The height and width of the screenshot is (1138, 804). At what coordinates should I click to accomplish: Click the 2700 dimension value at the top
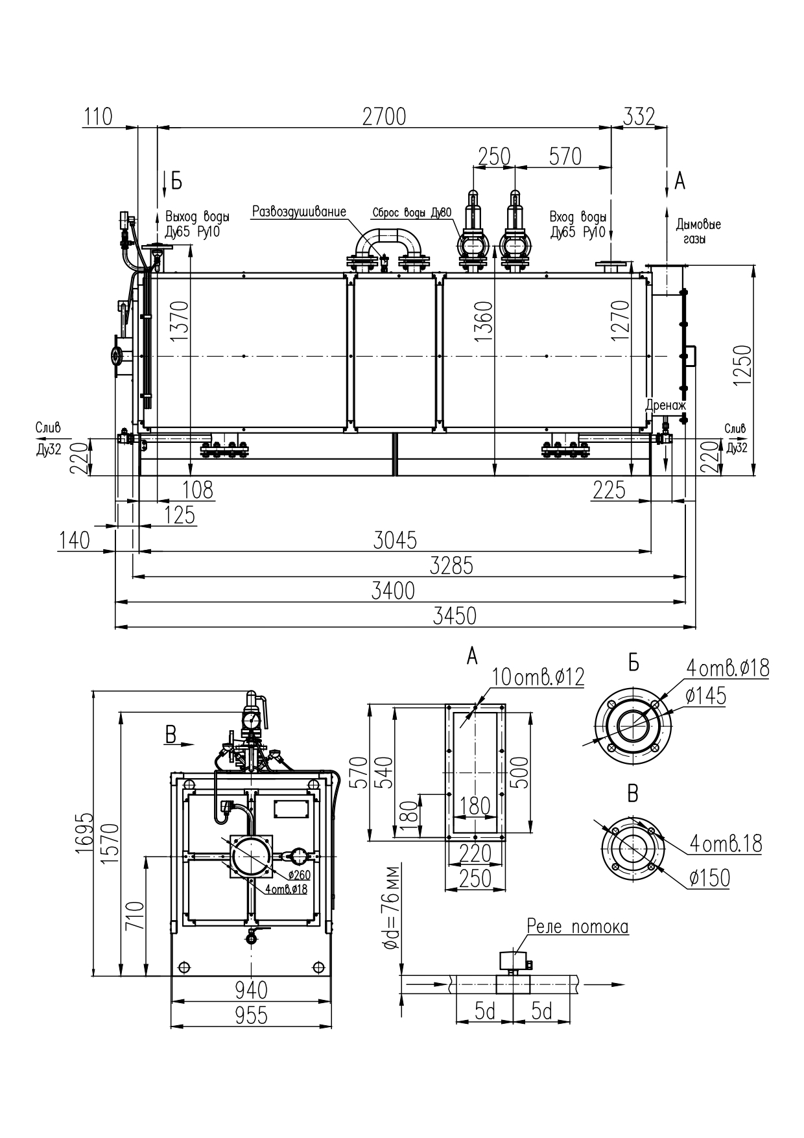tap(384, 117)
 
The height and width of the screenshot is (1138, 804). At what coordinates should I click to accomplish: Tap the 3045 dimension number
tap(395, 539)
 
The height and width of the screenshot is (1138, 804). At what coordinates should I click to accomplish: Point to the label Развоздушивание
tap(299, 211)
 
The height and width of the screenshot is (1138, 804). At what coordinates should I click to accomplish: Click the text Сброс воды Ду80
tap(412, 213)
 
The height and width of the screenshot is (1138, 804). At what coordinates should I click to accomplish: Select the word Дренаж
tap(665, 405)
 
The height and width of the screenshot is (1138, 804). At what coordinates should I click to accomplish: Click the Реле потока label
tap(578, 927)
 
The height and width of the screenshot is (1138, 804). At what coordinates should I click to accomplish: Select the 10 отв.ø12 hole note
tap(538, 676)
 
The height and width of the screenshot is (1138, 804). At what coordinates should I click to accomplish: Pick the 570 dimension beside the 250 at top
tap(565, 156)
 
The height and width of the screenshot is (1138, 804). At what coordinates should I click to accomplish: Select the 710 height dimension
tap(135, 915)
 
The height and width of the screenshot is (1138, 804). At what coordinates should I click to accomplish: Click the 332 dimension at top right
tap(639, 117)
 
